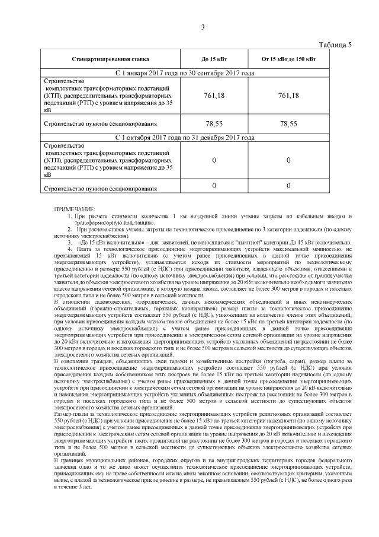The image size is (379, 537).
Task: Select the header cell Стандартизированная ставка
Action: point(110,59)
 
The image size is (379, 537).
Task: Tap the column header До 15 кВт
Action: point(214,59)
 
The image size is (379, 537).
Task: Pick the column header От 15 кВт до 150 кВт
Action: point(288,59)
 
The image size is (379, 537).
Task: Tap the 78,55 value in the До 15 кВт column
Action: point(214,124)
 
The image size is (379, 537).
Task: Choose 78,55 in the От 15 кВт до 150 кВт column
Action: point(288,124)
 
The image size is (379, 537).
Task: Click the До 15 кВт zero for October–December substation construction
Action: point(214,160)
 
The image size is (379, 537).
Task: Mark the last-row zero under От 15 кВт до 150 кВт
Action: point(288,186)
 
